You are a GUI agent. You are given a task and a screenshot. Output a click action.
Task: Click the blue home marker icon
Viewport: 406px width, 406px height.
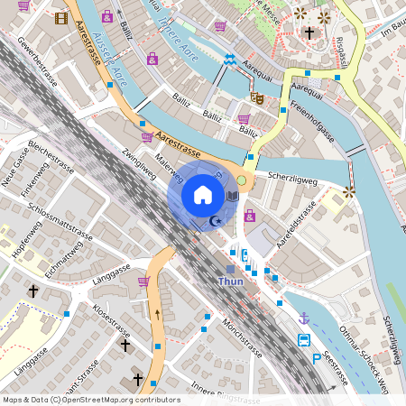[203, 194]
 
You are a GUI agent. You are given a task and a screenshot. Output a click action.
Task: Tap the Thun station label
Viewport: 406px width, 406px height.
[231, 281]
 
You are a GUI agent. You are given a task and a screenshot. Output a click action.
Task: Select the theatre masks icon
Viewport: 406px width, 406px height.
[257, 97]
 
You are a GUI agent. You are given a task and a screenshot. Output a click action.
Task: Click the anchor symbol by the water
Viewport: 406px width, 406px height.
[305, 318]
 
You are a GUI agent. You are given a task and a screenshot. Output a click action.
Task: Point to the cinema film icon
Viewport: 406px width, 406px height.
[61, 17]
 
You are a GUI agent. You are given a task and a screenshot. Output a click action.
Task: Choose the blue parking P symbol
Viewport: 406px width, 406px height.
[316, 358]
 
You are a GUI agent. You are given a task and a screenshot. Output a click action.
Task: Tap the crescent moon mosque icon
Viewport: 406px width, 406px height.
[215, 221]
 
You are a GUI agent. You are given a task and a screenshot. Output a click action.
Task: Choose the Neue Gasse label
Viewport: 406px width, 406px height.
[14, 171]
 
